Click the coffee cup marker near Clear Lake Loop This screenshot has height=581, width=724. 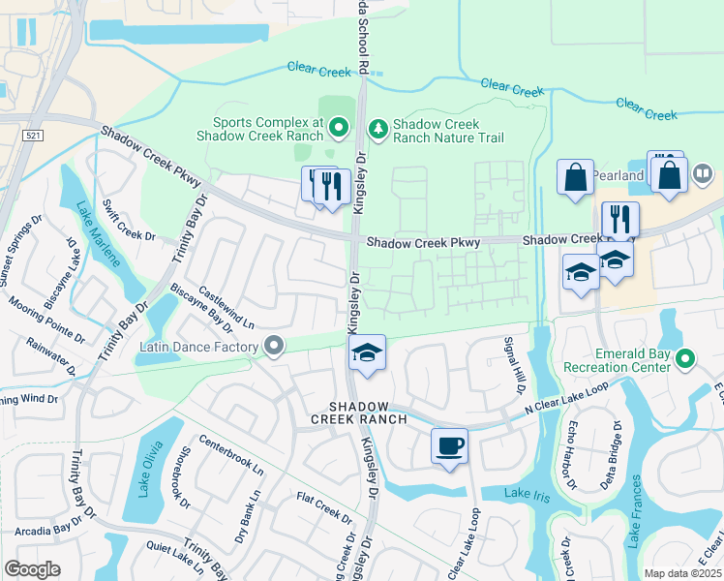pos(449,446)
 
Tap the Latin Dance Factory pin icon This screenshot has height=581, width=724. pos(274,346)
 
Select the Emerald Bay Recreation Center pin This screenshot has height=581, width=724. pos(685,359)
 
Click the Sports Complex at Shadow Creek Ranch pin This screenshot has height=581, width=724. pos(339,127)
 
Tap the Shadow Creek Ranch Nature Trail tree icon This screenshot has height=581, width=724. pos(377,128)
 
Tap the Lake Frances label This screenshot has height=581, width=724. pos(636,510)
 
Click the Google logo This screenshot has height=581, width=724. pos(32,568)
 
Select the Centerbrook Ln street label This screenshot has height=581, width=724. pos(231,454)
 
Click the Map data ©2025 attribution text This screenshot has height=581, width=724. pos(681,573)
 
